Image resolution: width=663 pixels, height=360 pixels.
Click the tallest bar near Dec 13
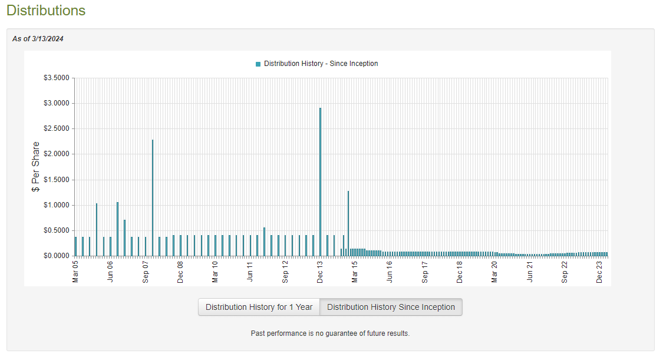(320, 182)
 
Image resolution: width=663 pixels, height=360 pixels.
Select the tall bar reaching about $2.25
(153, 198)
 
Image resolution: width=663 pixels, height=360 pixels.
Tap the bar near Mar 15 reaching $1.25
(348, 223)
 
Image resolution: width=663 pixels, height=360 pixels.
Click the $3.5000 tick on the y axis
(56, 78)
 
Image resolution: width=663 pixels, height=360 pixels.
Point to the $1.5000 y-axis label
(56, 180)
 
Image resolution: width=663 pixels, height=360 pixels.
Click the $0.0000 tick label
(56, 256)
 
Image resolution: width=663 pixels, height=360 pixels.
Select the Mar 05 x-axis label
(75, 271)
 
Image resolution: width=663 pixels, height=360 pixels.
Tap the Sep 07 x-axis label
(146, 272)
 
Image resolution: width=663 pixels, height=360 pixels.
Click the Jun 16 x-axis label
(390, 271)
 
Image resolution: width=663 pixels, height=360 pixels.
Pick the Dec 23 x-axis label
(599, 272)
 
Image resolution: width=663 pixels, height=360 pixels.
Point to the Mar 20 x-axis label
(494, 271)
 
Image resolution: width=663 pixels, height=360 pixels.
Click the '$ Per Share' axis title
(35, 167)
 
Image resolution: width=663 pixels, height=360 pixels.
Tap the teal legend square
(258, 64)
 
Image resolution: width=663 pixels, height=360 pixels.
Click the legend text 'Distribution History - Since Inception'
(321, 64)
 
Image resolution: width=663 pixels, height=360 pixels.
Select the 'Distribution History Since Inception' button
(391, 307)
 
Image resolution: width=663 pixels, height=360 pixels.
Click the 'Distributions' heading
(46, 11)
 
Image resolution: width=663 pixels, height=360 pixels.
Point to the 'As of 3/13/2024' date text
(38, 39)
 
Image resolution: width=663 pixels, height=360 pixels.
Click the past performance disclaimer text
(330, 333)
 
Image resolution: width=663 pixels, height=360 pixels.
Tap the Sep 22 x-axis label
(564, 272)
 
